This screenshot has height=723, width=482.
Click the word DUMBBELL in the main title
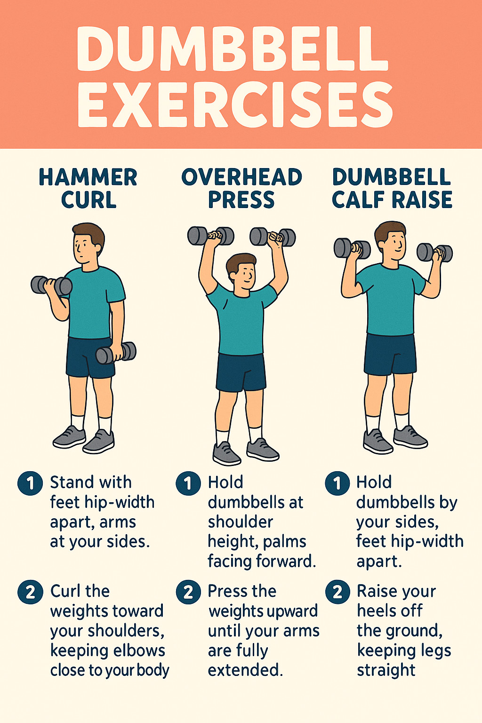(233, 49)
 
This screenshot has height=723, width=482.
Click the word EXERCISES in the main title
(235, 104)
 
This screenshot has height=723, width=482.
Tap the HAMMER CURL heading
(88, 188)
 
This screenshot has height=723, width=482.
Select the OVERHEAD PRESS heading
(241, 188)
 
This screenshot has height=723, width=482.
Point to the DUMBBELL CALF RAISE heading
(392, 188)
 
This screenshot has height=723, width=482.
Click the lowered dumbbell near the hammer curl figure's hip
(116, 353)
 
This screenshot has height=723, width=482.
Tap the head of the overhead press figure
(241, 271)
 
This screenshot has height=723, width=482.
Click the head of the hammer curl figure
(88, 244)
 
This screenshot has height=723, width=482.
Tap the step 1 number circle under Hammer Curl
(31, 483)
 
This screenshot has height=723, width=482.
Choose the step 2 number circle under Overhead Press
(188, 592)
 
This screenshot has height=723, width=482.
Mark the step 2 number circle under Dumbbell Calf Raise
(337, 592)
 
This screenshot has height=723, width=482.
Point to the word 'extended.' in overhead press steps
(245, 670)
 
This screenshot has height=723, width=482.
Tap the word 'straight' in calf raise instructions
(386, 670)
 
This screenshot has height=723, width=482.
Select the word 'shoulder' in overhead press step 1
(240, 522)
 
